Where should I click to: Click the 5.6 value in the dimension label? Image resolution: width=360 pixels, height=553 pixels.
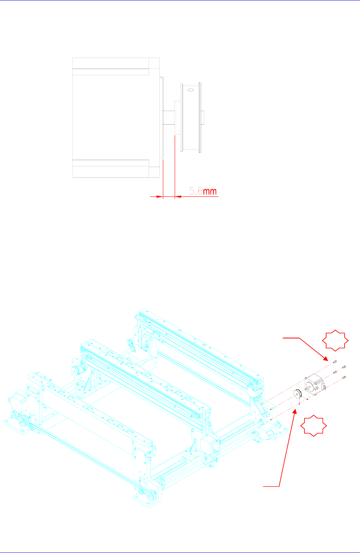click(196, 191)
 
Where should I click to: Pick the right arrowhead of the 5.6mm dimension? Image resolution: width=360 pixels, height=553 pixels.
click(177, 196)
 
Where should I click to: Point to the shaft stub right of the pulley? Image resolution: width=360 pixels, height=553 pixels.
click(203, 117)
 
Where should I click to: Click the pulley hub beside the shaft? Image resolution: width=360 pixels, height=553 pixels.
click(177, 118)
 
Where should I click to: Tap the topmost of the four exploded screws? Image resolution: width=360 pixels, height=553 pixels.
click(335, 362)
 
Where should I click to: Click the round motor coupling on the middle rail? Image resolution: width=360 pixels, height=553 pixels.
click(76, 371)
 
